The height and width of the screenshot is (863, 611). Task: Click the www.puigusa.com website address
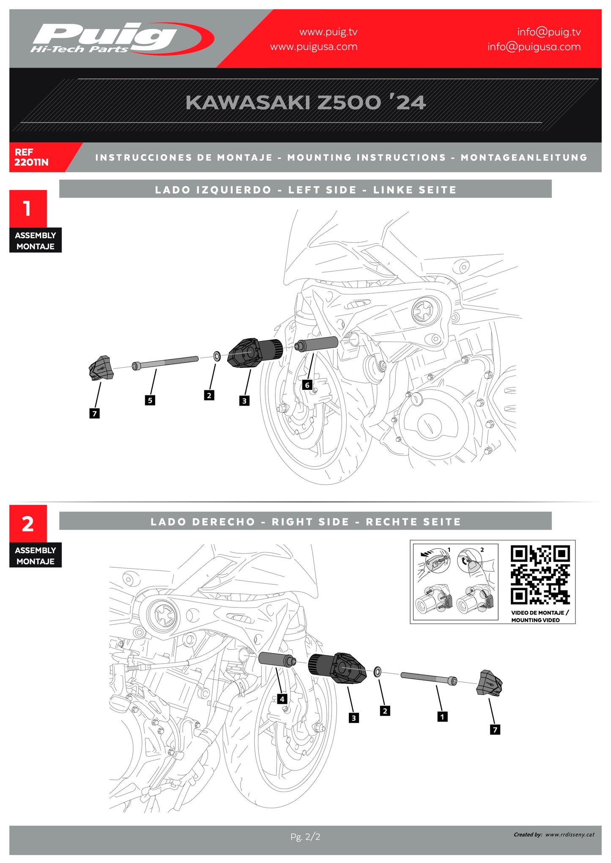click(313, 46)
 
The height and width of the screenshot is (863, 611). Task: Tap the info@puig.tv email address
click(548, 32)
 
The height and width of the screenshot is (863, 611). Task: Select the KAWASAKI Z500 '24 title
click(305, 103)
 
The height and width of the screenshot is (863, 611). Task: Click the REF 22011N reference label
click(31, 157)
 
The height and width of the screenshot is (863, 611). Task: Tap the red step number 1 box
click(28, 208)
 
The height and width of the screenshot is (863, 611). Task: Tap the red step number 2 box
click(28, 524)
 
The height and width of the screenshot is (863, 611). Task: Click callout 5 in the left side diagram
click(150, 400)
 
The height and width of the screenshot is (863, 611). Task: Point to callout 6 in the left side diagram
click(307, 385)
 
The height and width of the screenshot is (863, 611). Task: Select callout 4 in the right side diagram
click(282, 699)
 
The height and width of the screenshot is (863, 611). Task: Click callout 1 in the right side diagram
click(442, 716)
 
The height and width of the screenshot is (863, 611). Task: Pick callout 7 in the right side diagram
click(495, 730)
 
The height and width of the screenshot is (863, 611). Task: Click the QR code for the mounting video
click(540, 575)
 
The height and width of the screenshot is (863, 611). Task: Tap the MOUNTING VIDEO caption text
click(535, 620)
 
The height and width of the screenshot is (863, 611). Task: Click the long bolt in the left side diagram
click(165, 363)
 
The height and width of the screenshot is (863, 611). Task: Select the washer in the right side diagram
click(378, 671)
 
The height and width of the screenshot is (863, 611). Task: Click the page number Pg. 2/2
click(305, 836)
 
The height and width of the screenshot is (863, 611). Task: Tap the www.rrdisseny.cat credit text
click(569, 834)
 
